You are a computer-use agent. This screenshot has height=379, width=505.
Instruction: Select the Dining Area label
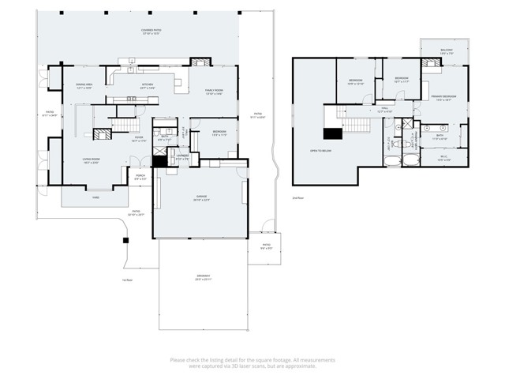pyautogui.click(x=84, y=85)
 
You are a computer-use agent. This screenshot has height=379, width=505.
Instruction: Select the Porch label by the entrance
pyautogui.click(x=140, y=178)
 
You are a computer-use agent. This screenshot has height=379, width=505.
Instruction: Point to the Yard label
pyautogui.click(x=95, y=197)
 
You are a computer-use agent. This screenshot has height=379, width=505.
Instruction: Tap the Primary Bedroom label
pyautogui.click(x=445, y=98)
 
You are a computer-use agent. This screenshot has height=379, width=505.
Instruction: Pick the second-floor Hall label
pyautogui.click(x=384, y=111)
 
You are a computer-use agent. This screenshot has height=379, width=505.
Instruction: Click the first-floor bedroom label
pyautogui.click(x=219, y=133)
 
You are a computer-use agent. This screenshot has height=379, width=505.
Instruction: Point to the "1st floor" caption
pyautogui.click(x=127, y=280)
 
